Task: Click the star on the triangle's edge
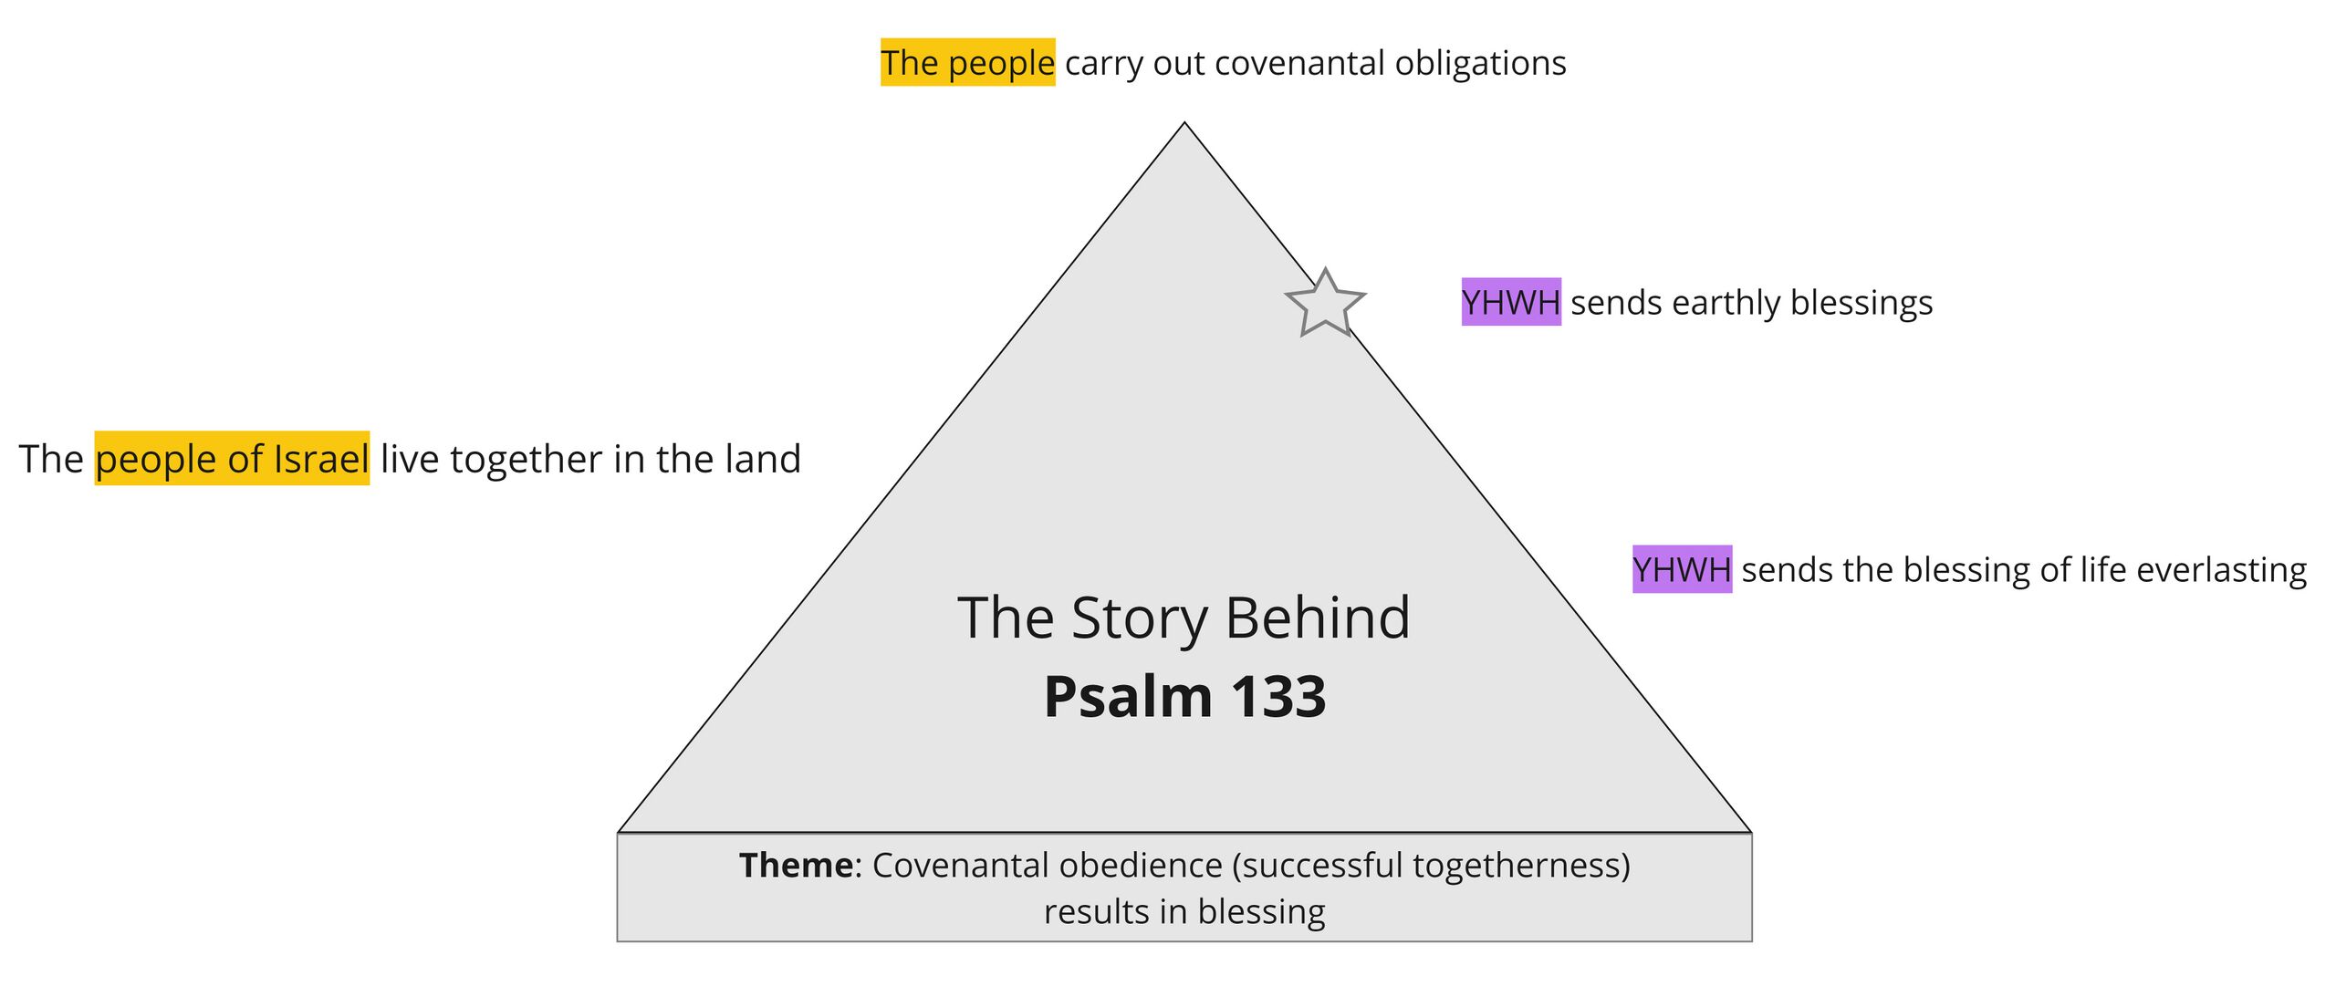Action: coord(1324,303)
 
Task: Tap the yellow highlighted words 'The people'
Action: coord(967,63)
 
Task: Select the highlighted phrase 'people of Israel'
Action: coord(232,459)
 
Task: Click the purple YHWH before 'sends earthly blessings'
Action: coord(1510,302)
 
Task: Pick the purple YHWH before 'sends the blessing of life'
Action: coord(1681,570)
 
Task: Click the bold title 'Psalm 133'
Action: coord(1184,697)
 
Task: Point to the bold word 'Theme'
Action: coord(796,865)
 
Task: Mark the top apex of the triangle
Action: coord(1184,124)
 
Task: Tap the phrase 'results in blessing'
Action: coord(1184,911)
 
